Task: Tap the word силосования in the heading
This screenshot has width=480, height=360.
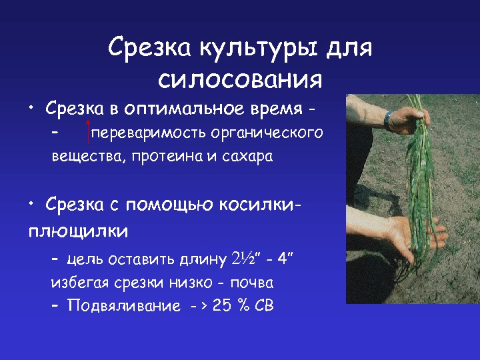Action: pyautogui.click(x=240, y=80)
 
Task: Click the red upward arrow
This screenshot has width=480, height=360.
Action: pyautogui.click(x=88, y=132)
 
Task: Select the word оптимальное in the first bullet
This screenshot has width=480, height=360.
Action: pyautogui.click(x=184, y=109)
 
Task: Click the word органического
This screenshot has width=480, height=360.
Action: pyautogui.click(x=267, y=133)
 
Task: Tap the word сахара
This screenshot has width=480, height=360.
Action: pyautogui.click(x=247, y=157)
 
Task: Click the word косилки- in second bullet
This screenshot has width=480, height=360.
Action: pyautogui.click(x=260, y=204)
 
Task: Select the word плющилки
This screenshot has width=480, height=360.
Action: pyautogui.click(x=78, y=231)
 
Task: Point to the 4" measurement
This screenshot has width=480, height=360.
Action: pyautogui.click(x=285, y=259)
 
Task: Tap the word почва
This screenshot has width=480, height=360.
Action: pyautogui.click(x=251, y=283)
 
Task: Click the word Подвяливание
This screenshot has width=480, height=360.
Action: pyautogui.click(x=124, y=305)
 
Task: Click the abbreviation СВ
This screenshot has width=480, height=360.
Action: pyautogui.click(x=264, y=305)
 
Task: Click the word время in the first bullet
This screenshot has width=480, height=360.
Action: pyautogui.click(x=277, y=109)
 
